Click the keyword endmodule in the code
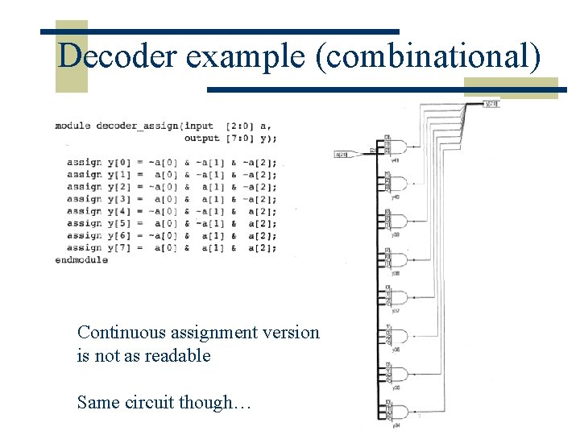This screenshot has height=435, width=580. [x=81, y=260]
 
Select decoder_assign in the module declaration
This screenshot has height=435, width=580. [x=139, y=126]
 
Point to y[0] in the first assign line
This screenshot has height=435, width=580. [x=118, y=163]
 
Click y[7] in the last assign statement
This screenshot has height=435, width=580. [x=118, y=248]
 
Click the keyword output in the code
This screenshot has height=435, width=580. [x=201, y=138]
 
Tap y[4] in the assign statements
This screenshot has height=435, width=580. [x=118, y=211]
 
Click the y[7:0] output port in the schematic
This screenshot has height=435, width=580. [x=491, y=104]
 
